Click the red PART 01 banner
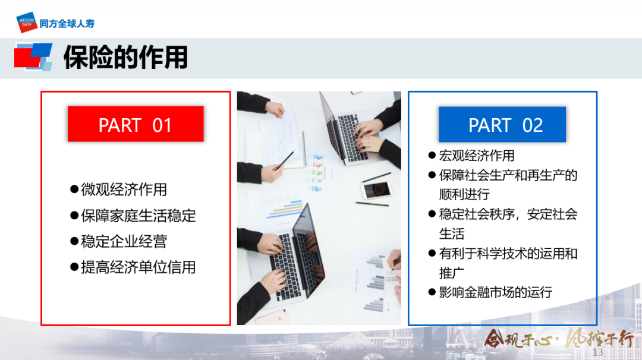tap(136, 124)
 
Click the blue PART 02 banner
tap(502, 124)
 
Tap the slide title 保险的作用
tap(125, 57)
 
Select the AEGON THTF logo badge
tap(27, 23)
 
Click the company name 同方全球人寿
tap(67, 24)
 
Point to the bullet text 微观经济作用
tap(124, 190)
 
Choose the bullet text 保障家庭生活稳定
tap(139, 216)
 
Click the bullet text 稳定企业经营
tap(124, 241)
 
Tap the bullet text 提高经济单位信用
tap(139, 267)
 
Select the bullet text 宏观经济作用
tap(477, 156)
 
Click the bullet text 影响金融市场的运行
tap(495, 292)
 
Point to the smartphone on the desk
tap(377, 190)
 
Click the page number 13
tap(597, 352)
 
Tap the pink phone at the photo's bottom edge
tap(273, 317)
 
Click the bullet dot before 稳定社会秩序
tap(432, 214)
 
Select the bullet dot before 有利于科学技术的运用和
tap(432, 253)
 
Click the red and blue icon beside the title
tap(33, 57)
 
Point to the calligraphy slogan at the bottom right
tap(559, 339)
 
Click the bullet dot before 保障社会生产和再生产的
tap(432, 175)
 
